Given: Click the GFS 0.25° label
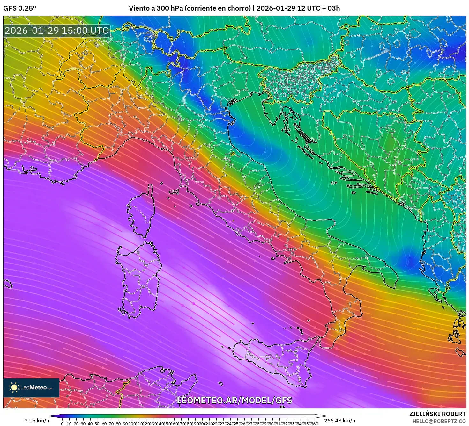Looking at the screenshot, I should click(x=19, y=8).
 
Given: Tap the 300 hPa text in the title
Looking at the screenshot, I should click(x=170, y=8).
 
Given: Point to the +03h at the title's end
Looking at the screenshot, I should click(x=333, y=8).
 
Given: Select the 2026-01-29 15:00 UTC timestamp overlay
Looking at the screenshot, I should click(x=56, y=31).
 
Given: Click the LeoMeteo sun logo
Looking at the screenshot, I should click(x=14, y=387).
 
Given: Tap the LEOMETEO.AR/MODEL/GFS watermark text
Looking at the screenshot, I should click(x=234, y=400).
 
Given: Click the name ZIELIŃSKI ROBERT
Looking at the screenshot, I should click(x=437, y=414).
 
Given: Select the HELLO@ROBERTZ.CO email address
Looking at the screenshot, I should click(x=439, y=421).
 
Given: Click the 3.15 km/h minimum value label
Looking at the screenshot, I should click(x=37, y=421).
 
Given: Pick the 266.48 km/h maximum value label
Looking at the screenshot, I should click(x=339, y=421).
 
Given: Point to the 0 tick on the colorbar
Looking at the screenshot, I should click(x=62, y=424).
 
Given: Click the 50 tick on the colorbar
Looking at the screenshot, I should click(x=97, y=424).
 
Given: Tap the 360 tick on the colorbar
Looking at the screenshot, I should click(x=315, y=424).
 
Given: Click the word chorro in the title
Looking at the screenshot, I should click(x=240, y=8).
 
